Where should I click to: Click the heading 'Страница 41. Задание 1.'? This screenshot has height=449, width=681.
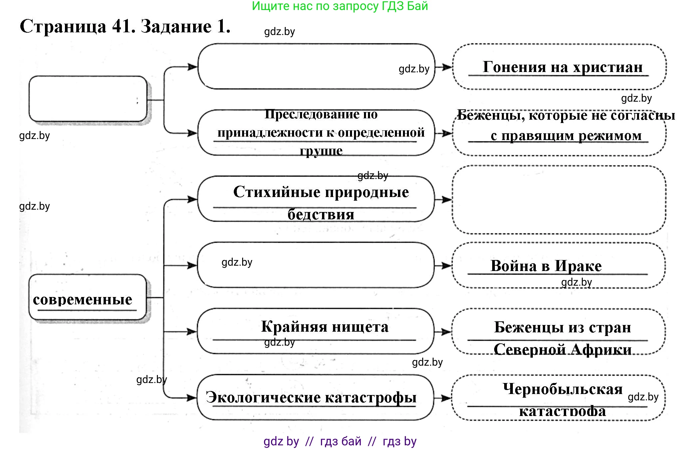tap(125, 26)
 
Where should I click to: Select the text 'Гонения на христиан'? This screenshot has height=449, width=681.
tap(562, 67)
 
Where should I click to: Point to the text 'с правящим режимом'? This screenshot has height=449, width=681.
tap(566, 136)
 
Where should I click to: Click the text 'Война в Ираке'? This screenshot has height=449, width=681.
tap(546, 266)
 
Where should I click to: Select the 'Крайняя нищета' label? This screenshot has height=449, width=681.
tap(324, 326)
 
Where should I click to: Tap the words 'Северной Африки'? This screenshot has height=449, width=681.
tap(562, 349)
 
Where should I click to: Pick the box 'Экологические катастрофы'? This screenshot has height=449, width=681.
tap(311, 397)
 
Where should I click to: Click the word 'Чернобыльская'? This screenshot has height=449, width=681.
tap(562, 389)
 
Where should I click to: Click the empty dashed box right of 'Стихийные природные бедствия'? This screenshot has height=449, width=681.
tap(559, 200)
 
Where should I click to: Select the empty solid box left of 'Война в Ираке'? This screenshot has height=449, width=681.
tap(316, 265)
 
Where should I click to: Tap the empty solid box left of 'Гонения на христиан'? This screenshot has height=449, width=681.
tap(316, 67)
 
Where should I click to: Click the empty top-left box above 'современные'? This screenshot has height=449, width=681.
tap(88, 99)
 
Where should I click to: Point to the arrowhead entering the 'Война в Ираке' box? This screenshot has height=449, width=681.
tap(447, 266)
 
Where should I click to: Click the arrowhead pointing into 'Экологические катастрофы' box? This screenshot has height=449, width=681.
tap(191, 398)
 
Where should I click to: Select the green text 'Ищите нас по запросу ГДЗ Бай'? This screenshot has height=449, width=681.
tap(340, 6)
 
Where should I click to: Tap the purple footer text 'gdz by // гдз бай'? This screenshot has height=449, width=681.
tap(312, 441)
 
